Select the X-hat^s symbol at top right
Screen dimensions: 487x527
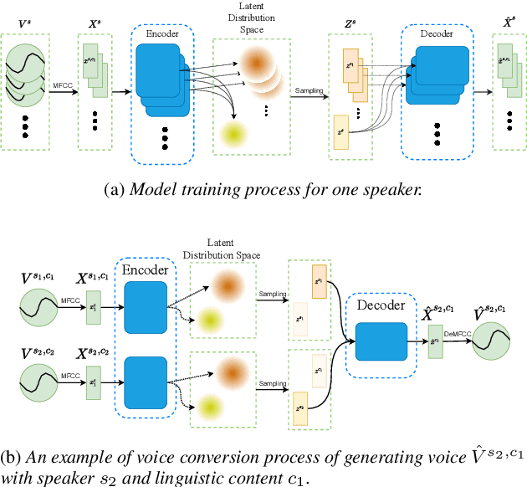[509, 17]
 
